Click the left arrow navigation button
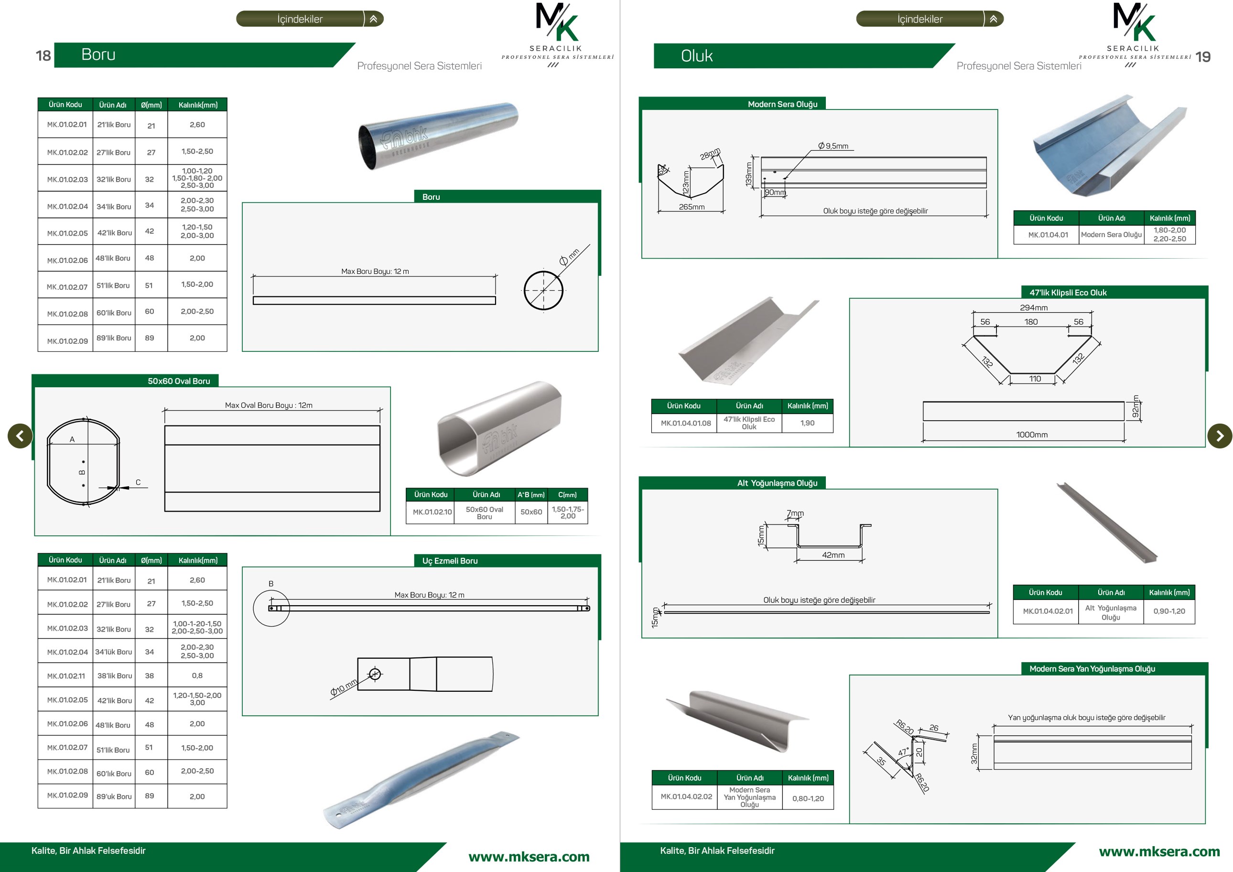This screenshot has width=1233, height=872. click(x=21, y=436)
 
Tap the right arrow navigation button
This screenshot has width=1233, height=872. click(x=1220, y=436)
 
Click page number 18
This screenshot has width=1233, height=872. click(x=43, y=55)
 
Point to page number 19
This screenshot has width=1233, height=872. click(x=1203, y=57)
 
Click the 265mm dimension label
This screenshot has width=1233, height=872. click(x=692, y=207)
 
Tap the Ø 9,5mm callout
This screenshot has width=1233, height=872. click(x=833, y=146)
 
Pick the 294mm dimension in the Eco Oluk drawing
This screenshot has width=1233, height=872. click(x=1034, y=308)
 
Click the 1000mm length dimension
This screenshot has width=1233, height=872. click(x=1032, y=435)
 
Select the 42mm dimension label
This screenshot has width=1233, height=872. click(x=833, y=555)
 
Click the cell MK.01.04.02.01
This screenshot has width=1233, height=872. click(x=1047, y=611)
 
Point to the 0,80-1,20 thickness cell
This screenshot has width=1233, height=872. click(x=808, y=798)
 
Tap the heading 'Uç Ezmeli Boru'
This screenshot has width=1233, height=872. click(x=450, y=561)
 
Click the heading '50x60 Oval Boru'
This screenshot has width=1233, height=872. click(x=179, y=381)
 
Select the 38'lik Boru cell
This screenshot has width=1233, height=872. click(x=114, y=676)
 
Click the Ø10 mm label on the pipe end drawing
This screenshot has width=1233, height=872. click(x=344, y=688)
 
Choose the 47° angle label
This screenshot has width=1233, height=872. click(x=903, y=752)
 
